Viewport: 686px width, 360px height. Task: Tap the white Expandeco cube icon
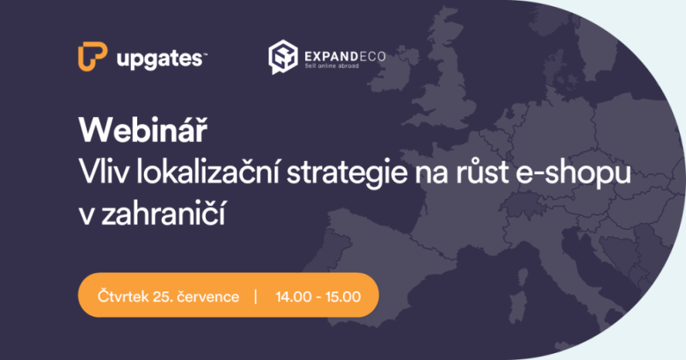point(281,57)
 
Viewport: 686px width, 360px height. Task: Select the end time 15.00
point(345,295)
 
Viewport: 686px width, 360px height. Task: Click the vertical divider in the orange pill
point(255,295)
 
